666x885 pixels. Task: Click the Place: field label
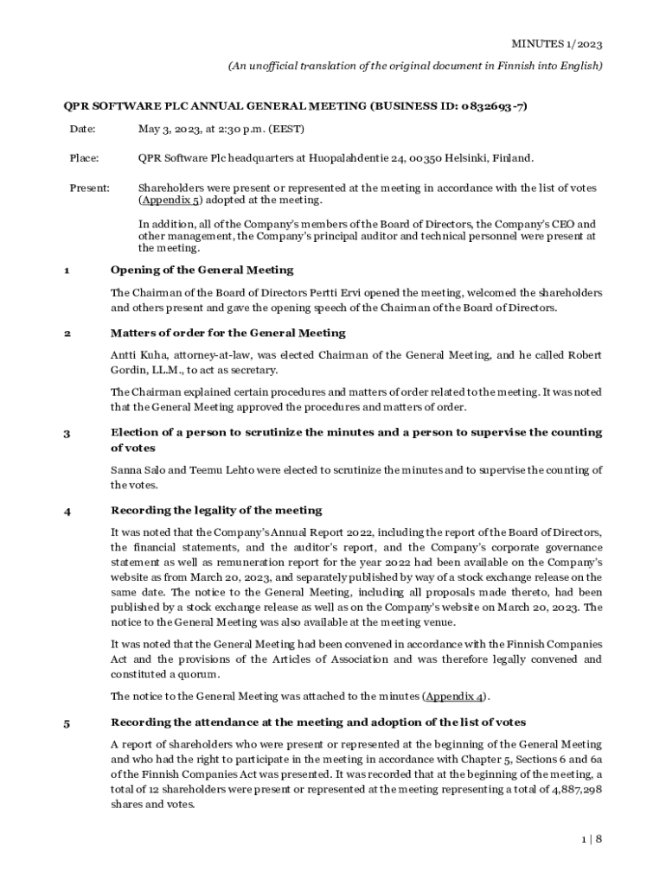pos(84,158)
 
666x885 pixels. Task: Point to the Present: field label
pos(89,188)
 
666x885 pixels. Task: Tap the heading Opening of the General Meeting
pos(202,270)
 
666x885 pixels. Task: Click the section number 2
pos(66,333)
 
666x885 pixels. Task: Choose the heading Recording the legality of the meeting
pos(216,510)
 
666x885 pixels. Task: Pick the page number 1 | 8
pos(590,839)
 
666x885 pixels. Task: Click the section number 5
pos(66,723)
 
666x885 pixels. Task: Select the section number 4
pos(66,511)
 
